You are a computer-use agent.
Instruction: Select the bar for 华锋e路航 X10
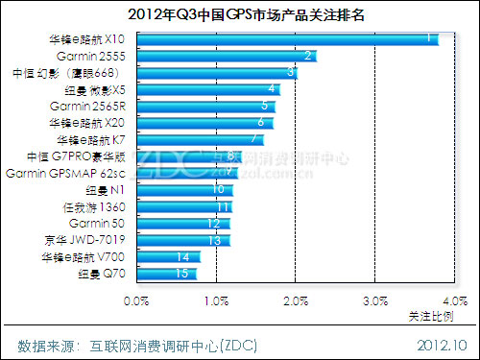click(288, 39)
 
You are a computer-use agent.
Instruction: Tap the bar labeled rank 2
click(227, 57)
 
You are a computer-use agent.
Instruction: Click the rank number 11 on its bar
click(222, 206)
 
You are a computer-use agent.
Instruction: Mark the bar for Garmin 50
click(184, 223)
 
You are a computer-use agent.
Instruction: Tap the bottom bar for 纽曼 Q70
click(167, 275)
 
